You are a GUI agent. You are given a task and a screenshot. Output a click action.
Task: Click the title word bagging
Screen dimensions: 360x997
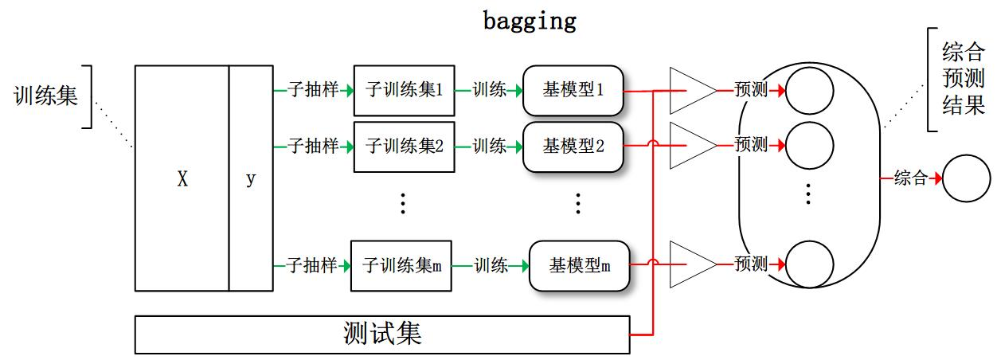click(530, 21)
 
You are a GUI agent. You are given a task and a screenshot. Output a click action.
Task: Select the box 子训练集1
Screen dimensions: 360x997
click(404, 90)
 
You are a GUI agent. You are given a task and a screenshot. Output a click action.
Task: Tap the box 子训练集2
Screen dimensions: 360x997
click(404, 147)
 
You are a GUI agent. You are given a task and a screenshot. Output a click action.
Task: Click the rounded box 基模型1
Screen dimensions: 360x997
click(573, 90)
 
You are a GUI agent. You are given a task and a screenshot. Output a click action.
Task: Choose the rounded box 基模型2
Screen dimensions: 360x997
click(573, 147)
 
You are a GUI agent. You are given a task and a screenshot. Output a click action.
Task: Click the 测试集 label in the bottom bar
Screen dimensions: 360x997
click(382, 334)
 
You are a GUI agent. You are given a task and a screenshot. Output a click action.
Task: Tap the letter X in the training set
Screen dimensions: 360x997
click(182, 180)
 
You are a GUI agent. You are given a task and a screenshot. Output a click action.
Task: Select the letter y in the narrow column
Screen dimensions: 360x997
click(251, 180)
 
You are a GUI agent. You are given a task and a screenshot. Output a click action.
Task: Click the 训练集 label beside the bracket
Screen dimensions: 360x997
click(46, 96)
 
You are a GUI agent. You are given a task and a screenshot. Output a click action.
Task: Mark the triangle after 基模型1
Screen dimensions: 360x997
click(689, 90)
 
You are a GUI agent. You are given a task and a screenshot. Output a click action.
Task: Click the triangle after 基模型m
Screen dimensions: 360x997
click(689, 263)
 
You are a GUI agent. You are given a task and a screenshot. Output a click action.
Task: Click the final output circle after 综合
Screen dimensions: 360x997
click(966, 178)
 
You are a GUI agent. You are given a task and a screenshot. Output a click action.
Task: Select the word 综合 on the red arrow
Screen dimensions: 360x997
click(911, 178)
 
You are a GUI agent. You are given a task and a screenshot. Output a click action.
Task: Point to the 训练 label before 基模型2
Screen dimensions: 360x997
click(489, 147)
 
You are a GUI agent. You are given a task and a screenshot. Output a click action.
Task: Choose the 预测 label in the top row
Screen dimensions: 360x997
click(751, 90)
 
